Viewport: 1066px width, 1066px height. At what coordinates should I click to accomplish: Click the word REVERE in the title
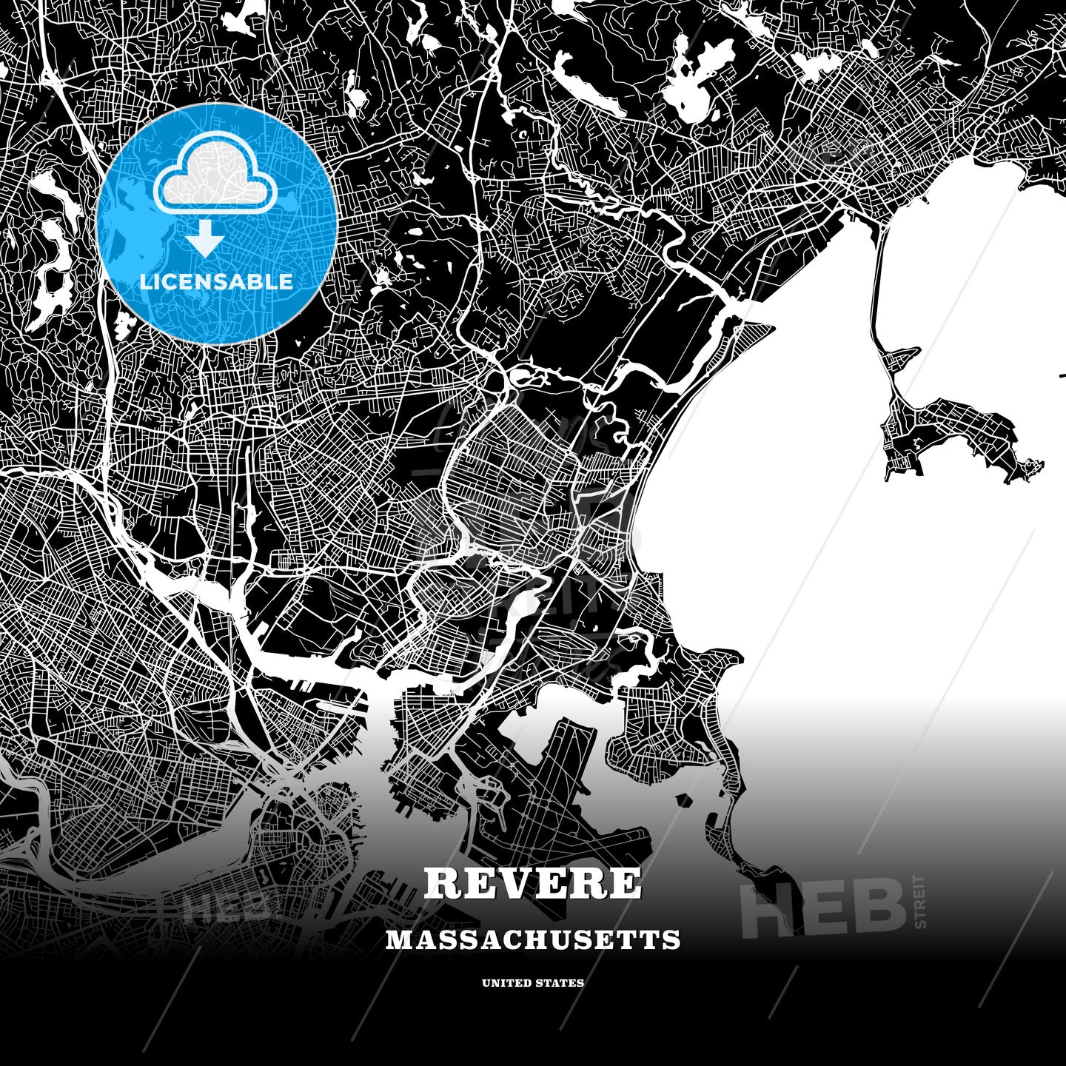533,883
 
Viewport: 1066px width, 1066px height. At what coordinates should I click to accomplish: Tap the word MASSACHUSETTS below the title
533,940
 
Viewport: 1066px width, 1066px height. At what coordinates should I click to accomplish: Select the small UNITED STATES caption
533,983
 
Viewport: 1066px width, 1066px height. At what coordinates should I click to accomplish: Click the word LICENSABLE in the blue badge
216,281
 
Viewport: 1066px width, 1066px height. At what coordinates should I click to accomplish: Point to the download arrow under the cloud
207,238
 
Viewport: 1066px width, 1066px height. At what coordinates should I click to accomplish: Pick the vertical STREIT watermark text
920,901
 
